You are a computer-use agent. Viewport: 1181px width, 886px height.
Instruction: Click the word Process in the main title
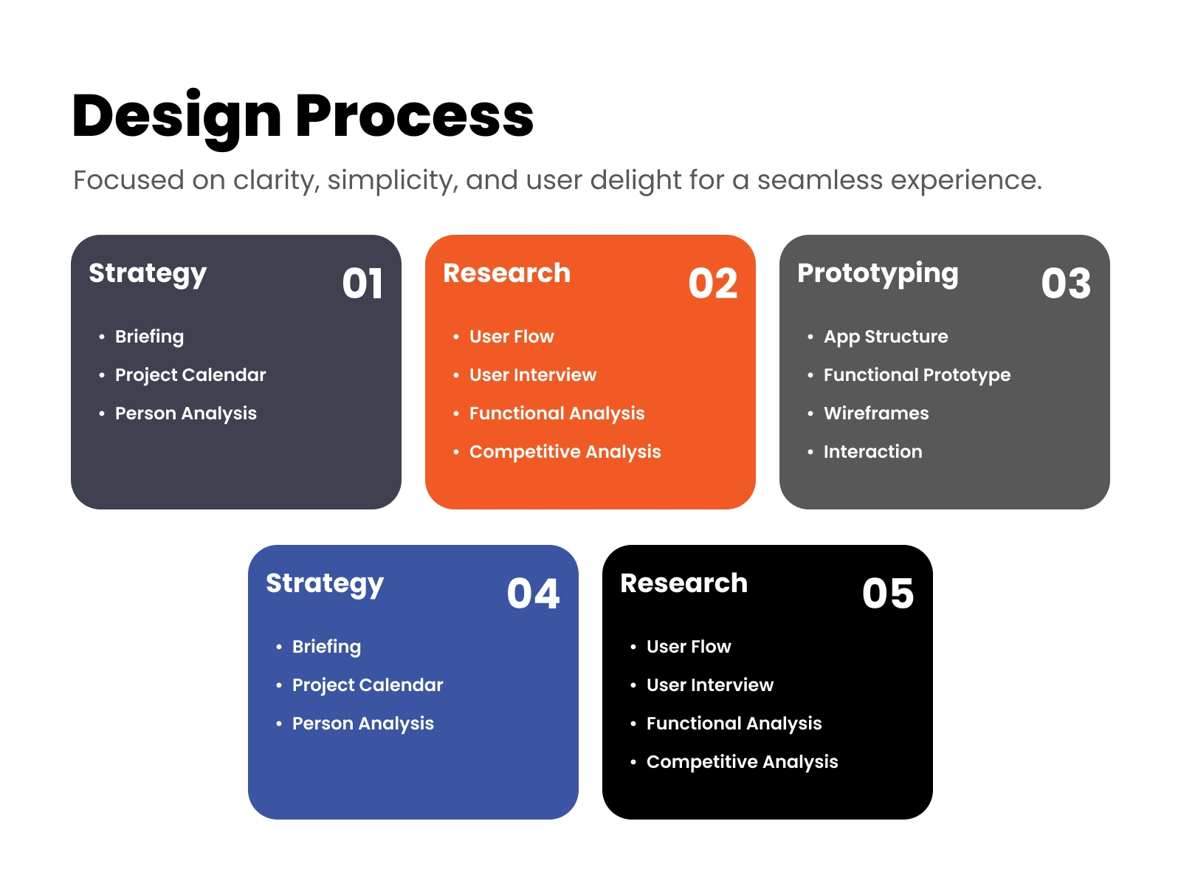[x=414, y=116]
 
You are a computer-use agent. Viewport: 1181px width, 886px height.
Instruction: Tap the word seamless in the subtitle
[x=820, y=179]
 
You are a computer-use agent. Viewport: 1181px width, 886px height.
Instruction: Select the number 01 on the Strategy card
[x=362, y=284]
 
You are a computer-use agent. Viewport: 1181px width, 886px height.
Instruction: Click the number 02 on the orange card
[x=713, y=284]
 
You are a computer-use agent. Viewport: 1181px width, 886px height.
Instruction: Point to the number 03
[x=1066, y=284]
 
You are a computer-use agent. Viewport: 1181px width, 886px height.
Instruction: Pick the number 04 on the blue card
[x=533, y=594]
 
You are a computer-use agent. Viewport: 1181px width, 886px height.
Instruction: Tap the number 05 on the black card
[x=888, y=594]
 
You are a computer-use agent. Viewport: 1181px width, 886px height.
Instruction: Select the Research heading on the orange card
[x=507, y=272]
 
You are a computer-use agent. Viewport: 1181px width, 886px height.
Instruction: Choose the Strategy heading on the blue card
[x=325, y=585]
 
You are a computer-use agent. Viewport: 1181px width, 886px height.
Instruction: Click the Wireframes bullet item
[x=876, y=413]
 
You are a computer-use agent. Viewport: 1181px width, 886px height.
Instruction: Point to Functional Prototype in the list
[x=917, y=376]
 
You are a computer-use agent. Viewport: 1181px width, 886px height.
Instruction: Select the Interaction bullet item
[x=873, y=452]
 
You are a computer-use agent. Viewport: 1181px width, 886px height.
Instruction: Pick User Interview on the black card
[x=710, y=685]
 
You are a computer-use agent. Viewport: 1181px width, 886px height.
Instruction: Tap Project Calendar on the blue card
[x=368, y=686]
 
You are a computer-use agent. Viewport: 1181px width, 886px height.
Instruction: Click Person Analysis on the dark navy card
[x=186, y=413]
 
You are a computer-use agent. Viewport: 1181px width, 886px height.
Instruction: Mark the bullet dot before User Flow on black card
[x=633, y=648]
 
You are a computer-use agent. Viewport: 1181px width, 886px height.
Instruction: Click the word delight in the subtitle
[x=636, y=181]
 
